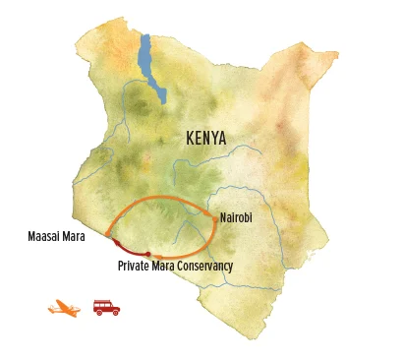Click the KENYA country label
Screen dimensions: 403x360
[204, 139]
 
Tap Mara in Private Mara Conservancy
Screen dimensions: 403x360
[167, 267]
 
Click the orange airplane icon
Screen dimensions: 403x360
[63, 309]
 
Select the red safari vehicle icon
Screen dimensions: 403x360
[106, 307]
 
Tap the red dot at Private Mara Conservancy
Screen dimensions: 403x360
[148, 255]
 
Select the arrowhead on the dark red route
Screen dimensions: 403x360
[118, 243]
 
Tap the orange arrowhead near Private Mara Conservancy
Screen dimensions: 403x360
[158, 257]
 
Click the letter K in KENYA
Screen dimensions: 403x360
[189, 139]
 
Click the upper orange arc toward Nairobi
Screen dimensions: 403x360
[162, 199]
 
